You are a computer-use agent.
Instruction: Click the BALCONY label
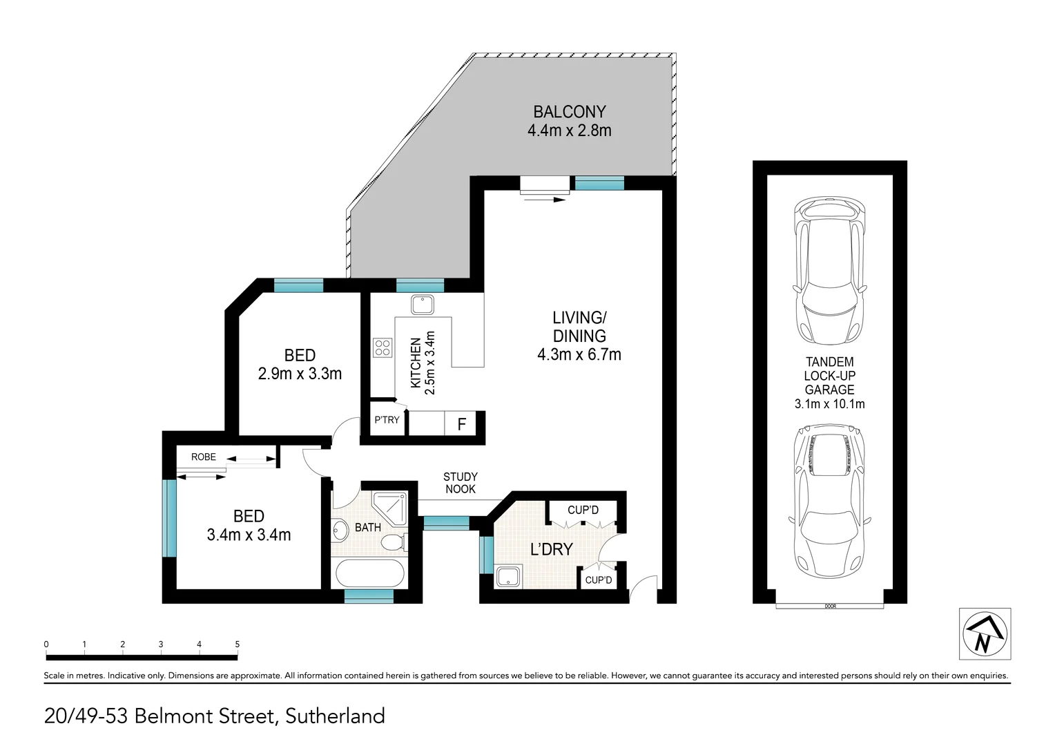[569, 112]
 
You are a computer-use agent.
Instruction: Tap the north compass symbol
[985, 634]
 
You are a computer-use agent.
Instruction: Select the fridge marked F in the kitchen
[462, 423]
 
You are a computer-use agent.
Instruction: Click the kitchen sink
[421, 304]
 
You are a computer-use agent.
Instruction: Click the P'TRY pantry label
[387, 419]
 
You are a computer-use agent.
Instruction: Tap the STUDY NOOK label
[461, 483]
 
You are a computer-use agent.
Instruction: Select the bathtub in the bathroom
[366, 573]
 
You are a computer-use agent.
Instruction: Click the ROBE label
[204, 457]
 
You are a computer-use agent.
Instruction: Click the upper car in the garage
[829, 271]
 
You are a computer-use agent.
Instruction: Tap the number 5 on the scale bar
[237, 644]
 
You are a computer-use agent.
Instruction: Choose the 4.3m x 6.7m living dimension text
[579, 355]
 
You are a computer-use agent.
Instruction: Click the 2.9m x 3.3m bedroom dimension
[300, 374]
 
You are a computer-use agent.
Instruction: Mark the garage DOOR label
[829, 606]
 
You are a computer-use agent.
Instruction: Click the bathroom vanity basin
[340, 530]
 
